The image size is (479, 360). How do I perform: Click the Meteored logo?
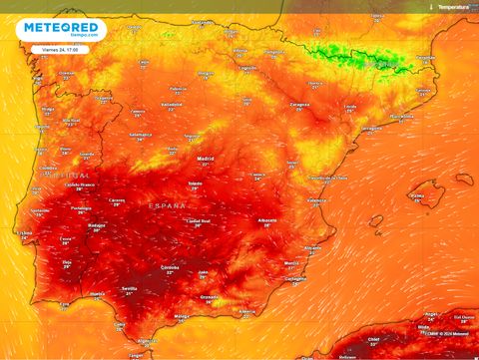click(x=61, y=29)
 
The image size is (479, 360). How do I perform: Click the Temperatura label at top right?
click(x=454, y=6)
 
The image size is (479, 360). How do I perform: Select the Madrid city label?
click(x=206, y=159)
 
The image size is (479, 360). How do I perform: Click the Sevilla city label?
click(x=129, y=289)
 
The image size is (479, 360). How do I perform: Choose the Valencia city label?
click(x=316, y=200)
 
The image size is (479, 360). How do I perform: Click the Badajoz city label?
click(x=98, y=226)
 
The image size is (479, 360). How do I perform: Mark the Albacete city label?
click(x=266, y=220)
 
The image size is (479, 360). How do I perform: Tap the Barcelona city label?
click(x=402, y=116)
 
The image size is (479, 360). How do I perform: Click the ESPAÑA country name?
click(x=167, y=204)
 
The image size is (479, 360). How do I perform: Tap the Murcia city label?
click(x=291, y=263)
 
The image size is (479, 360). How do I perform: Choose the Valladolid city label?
click(x=172, y=104)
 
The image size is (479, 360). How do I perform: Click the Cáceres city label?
click(x=117, y=200)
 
